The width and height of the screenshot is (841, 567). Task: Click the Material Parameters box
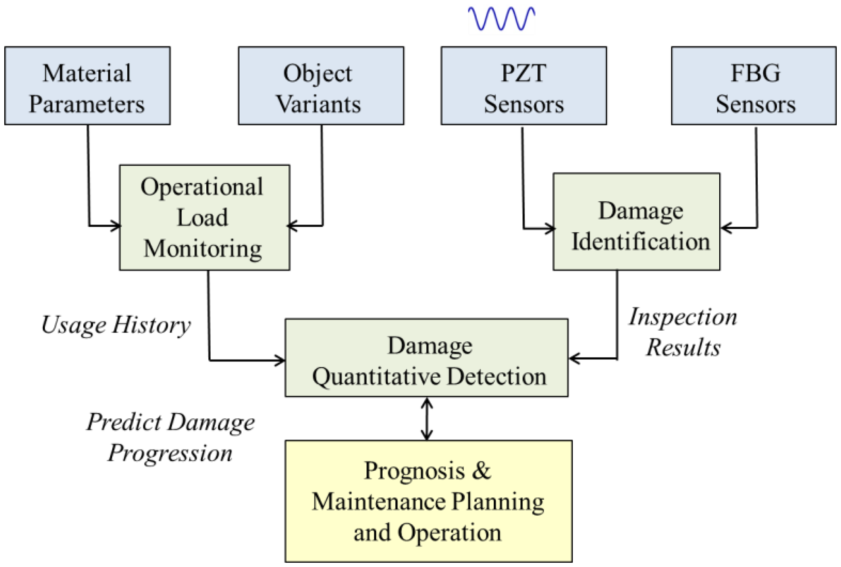[x=87, y=86]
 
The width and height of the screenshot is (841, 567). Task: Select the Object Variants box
[x=320, y=86]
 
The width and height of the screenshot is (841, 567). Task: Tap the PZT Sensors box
[x=523, y=86]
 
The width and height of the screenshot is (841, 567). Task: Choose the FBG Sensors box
[x=753, y=86]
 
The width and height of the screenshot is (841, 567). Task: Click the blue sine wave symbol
[x=501, y=19]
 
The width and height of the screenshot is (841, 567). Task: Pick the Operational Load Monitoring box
[x=204, y=217]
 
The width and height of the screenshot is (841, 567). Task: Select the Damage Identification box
[x=636, y=222]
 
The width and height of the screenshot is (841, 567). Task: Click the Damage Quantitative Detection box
[x=426, y=358]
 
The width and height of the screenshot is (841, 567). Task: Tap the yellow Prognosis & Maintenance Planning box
[x=428, y=501]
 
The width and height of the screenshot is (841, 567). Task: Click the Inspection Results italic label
[x=683, y=332]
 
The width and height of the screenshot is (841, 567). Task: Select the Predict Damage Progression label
[x=170, y=438]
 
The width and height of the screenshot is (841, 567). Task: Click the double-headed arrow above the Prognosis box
[x=427, y=419]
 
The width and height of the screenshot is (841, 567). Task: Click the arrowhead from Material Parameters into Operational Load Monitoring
[x=116, y=226]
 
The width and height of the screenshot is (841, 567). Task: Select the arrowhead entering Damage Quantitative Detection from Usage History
[x=281, y=360]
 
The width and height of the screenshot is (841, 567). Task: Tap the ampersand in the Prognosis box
[x=481, y=471]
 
